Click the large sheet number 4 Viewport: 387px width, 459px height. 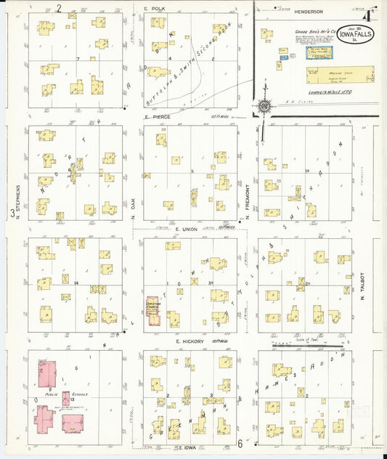[x=370, y=12]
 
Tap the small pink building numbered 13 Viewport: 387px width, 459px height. [x=66, y=398]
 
